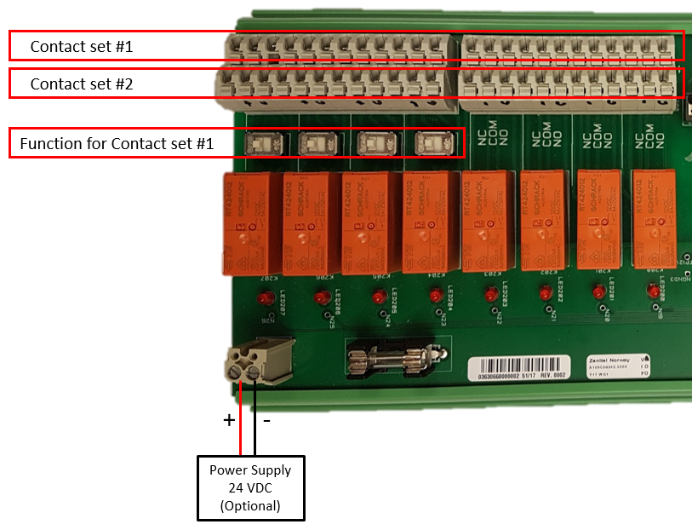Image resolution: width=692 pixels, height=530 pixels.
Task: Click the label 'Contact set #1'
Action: [x=82, y=46]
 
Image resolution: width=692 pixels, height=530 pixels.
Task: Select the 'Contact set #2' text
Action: [x=82, y=84]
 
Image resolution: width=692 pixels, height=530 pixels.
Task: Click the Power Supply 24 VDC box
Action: [x=250, y=488]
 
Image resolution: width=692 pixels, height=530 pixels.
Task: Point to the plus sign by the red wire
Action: [x=228, y=420]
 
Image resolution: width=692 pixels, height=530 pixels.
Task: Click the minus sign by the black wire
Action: [x=266, y=420]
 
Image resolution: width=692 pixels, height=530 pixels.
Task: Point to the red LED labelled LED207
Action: [x=262, y=299]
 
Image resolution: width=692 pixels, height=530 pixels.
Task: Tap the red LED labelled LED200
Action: [x=653, y=292]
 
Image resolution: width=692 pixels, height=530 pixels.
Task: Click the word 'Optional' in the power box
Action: [x=250, y=505]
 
